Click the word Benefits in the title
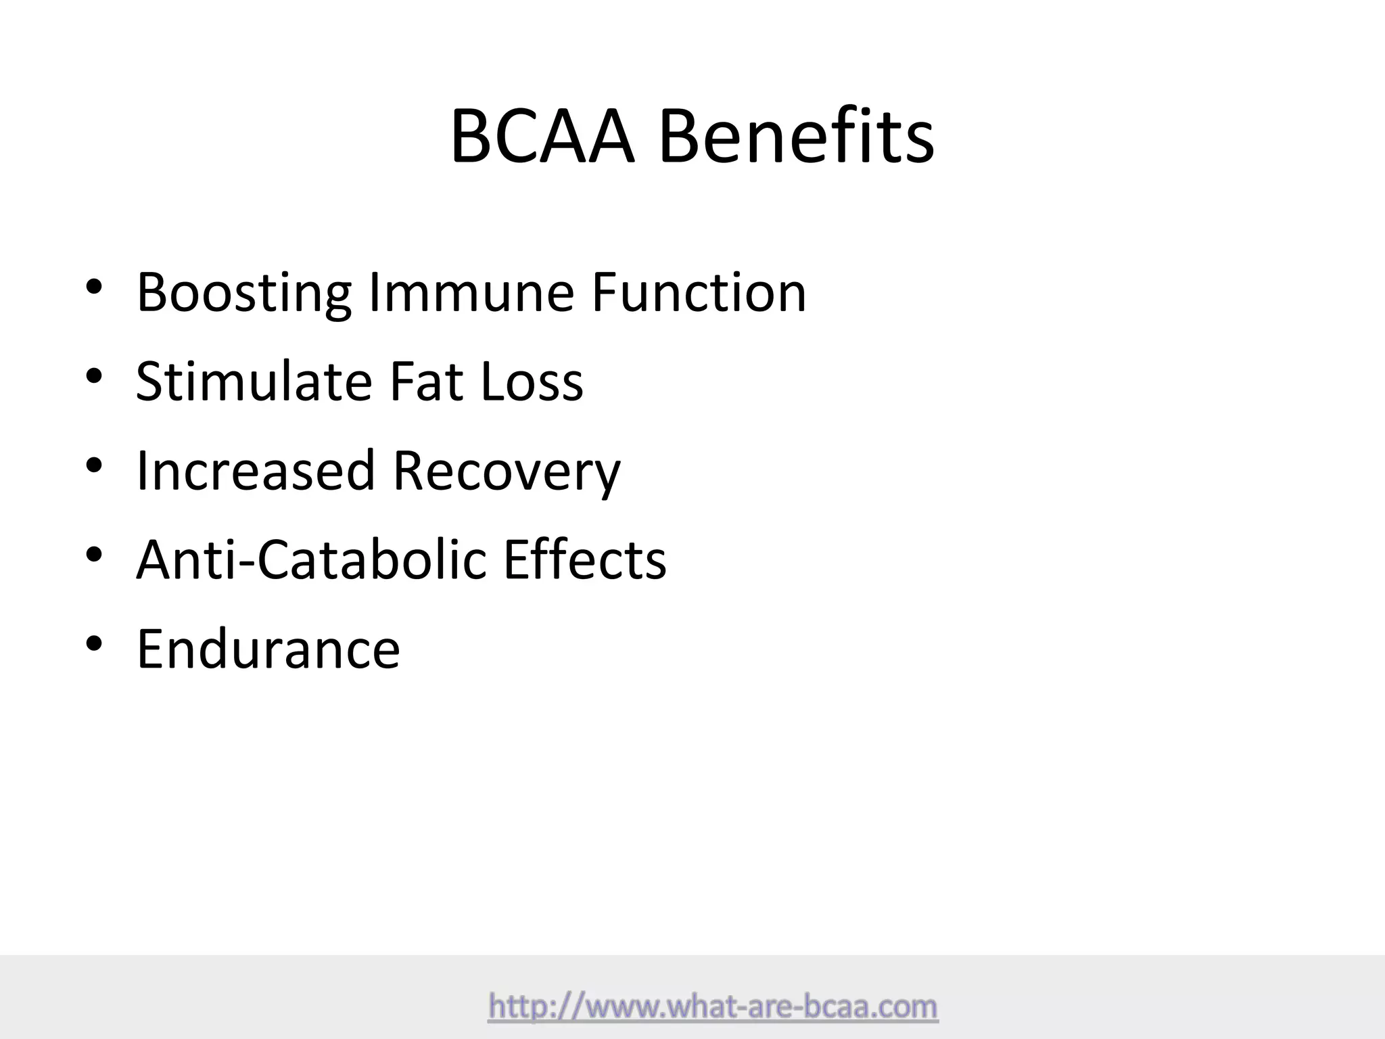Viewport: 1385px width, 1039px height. point(796,137)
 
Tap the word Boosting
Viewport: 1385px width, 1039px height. point(243,293)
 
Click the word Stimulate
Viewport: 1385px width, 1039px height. point(254,382)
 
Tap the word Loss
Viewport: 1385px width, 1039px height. point(532,382)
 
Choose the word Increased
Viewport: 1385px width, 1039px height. point(256,471)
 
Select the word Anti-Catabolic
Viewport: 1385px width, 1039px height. point(311,560)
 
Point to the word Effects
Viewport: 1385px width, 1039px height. point(585,560)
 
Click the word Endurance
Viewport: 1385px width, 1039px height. point(268,649)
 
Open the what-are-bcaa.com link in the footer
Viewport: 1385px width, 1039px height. point(713,1007)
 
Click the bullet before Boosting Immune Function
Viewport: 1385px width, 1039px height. point(94,287)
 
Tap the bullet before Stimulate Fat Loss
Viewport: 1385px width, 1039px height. point(94,376)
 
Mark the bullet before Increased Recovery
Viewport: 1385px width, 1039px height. point(94,465)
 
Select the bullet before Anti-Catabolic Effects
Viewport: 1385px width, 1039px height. point(94,555)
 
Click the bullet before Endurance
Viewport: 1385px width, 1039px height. point(94,644)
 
